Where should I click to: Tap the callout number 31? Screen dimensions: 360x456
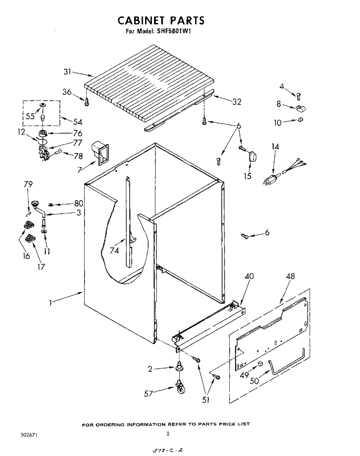67,72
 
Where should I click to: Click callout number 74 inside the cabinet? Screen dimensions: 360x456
114,251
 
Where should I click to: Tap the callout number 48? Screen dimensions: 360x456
290,276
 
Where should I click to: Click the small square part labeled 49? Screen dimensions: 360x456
260,364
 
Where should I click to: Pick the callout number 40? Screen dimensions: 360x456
249,276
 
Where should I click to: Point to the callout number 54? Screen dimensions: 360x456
77,122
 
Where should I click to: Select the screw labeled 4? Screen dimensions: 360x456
298,97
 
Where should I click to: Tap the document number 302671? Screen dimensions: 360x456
29,435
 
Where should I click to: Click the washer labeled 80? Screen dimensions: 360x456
51,205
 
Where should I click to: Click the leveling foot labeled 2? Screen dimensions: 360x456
180,369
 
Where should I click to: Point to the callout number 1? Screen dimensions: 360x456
50,303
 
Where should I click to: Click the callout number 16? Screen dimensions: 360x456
26,256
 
